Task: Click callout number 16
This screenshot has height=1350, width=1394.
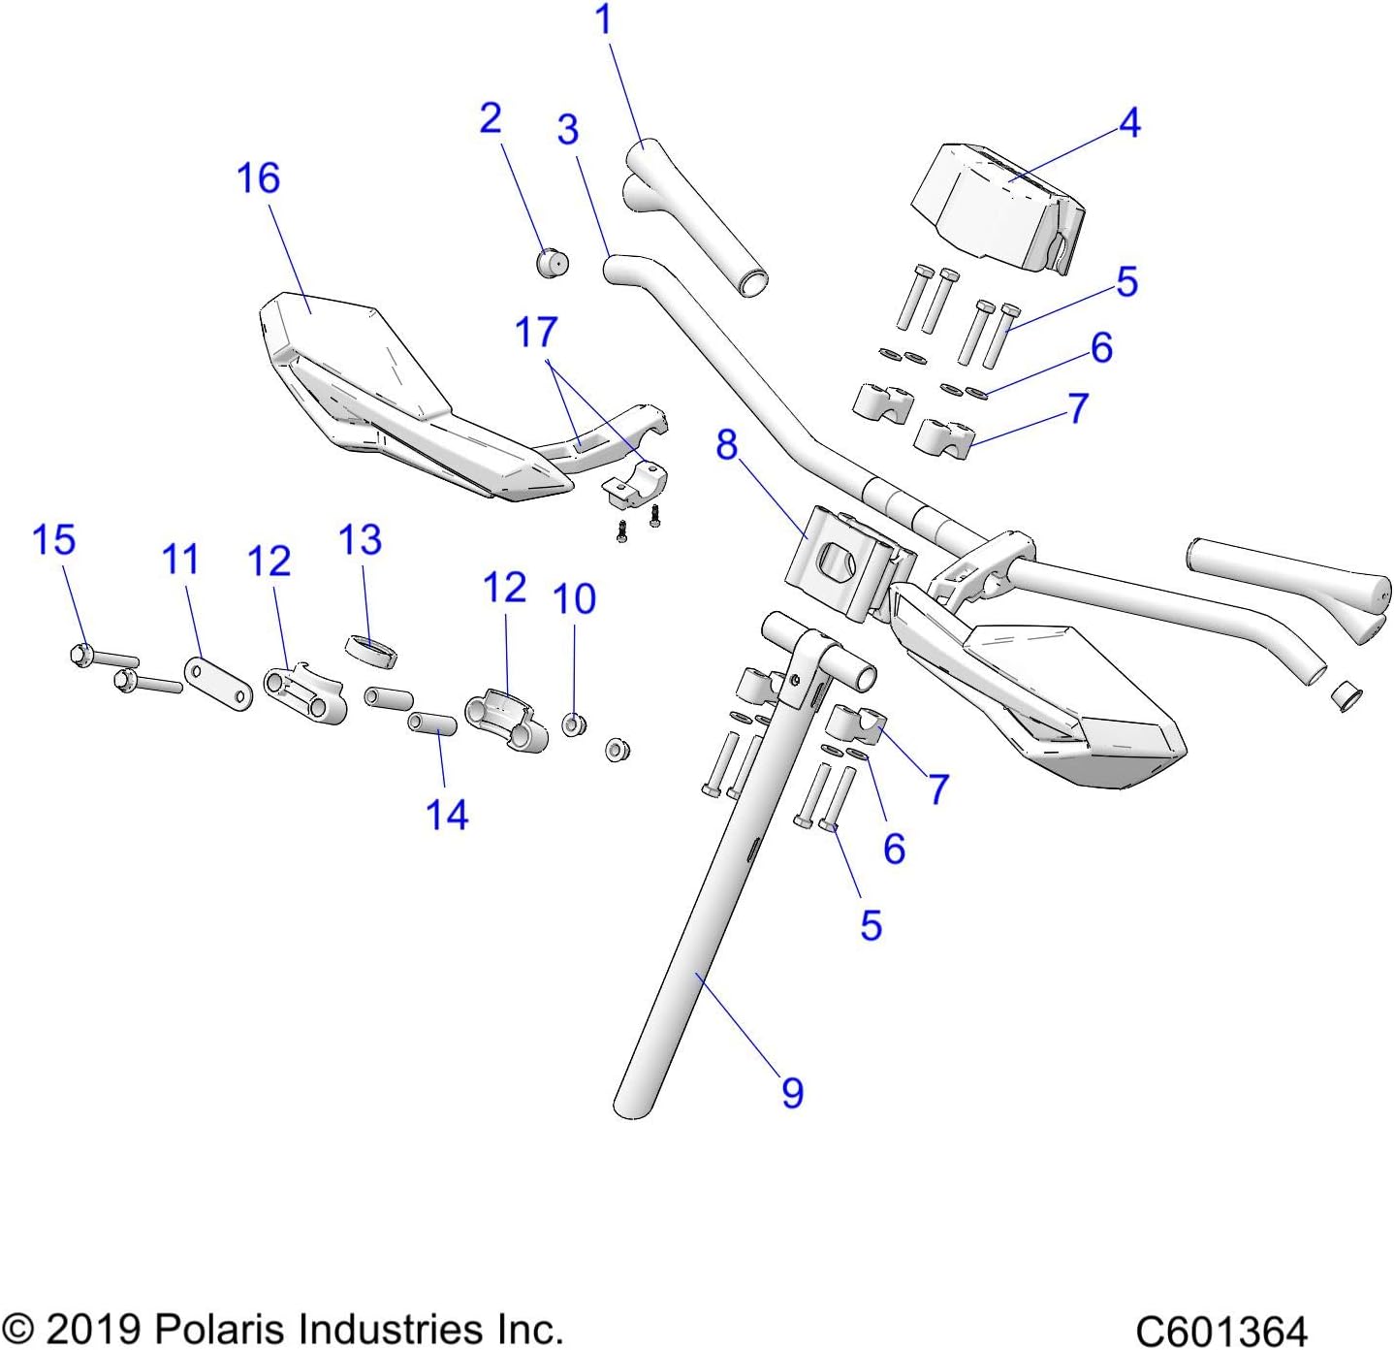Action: pyautogui.click(x=258, y=178)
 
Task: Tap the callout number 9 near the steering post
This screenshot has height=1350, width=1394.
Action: pyautogui.click(x=792, y=1093)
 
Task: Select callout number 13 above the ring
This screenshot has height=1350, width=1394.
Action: pyautogui.click(x=360, y=540)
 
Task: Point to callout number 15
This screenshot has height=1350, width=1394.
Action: pyautogui.click(x=53, y=540)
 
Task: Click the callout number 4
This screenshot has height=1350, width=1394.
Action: pyautogui.click(x=1129, y=123)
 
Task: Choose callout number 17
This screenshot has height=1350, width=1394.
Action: pyautogui.click(x=536, y=333)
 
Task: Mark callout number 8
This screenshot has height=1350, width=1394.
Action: pyautogui.click(x=726, y=445)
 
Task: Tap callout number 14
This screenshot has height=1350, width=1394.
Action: pyautogui.click(x=447, y=815)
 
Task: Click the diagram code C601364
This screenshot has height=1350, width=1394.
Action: pyautogui.click(x=1220, y=1330)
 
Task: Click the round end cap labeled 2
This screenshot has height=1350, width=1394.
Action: pyautogui.click(x=553, y=263)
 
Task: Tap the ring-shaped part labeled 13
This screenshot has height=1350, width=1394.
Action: pyautogui.click(x=372, y=651)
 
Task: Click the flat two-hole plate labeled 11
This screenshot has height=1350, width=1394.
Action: pyautogui.click(x=218, y=683)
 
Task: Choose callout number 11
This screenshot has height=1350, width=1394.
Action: pyautogui.click(x=180, y=561)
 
